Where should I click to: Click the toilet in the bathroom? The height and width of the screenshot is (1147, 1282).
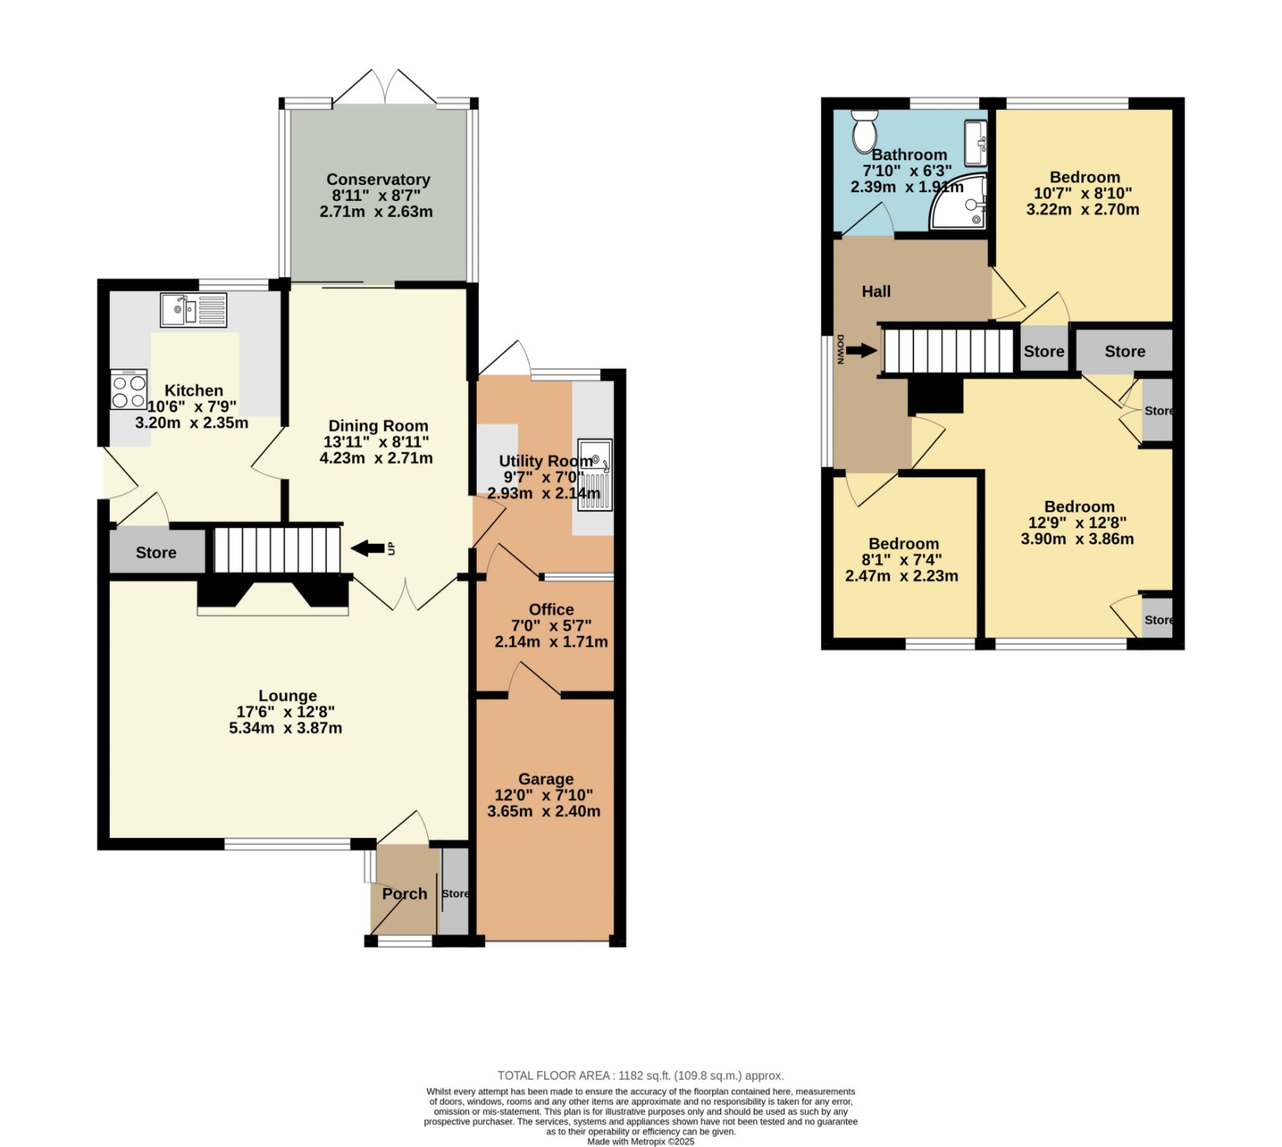pos(865,131)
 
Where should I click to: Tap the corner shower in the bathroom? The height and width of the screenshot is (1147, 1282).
pos(958,202)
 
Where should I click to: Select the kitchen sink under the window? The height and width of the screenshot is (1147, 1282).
pos(193,310)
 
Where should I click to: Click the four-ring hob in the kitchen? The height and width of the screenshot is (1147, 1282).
pos(129,389)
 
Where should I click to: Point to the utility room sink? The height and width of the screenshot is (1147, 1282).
pos(595,475)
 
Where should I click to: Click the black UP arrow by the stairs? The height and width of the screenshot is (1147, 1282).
pos(368,548)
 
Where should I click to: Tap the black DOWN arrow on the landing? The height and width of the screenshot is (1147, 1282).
pos(862,350)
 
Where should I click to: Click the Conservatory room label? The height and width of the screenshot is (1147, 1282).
pos(378,179)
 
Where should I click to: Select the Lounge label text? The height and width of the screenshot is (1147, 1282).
pos(288,696)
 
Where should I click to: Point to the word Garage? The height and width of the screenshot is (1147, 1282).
pos(546,779)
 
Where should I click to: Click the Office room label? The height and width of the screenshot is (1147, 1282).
pos(551,610)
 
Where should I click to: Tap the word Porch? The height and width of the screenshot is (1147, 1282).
pos(405,894)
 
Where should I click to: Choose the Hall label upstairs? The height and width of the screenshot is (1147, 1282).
pos(876,292)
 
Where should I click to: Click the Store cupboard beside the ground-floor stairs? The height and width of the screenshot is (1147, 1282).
pos(156,552)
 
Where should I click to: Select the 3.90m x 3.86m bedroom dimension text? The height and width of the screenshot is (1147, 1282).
pos(1077,538)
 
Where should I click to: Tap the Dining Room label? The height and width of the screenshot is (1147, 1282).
pos(378,426)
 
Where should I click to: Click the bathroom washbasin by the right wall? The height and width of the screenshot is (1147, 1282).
pos(975,143)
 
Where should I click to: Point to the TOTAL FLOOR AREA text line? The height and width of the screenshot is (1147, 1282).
pos(641,1076)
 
